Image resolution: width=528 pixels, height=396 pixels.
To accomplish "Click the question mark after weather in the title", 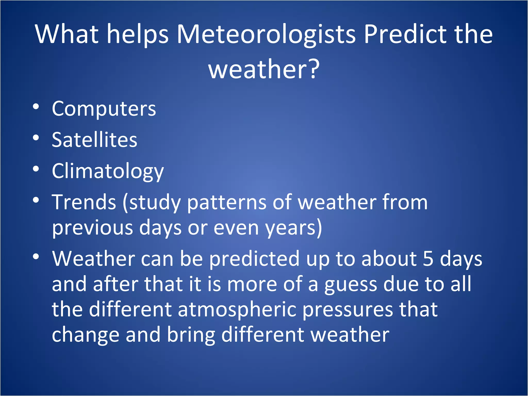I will click(313, 69).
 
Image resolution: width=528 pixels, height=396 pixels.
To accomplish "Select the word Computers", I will click(104, 109).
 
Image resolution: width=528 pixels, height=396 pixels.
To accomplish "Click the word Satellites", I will click(94, 140).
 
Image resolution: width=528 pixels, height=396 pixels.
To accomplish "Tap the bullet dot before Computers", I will click(36, 106).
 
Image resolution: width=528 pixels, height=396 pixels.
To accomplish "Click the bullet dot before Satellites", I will click(36, 138).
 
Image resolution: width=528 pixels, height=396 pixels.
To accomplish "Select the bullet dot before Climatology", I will click(36, 169).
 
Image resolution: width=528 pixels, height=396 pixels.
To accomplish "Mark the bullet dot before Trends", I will click(36, 200).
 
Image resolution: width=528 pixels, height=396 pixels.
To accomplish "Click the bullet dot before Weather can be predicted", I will click(36, 256).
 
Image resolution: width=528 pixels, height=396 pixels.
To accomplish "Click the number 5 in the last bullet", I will click(428, 259).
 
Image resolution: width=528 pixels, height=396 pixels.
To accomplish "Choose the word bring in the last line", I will click(191, 335).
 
